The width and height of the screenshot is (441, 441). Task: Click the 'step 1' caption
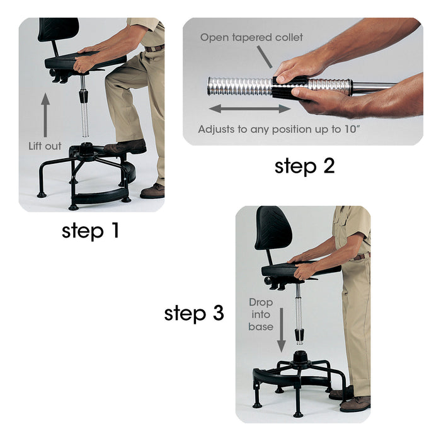[x=90, y=231]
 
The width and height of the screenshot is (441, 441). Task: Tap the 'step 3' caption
[x=194, y=313]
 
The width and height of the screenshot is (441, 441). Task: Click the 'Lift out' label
[x=45, y=146]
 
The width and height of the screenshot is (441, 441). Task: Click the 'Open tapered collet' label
[x=251, y=38]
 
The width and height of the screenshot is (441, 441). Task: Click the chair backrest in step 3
[x=273, y=228]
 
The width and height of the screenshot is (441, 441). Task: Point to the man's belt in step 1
[x=155, y=47]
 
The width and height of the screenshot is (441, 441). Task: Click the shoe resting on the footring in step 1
[x=128, y=147]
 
